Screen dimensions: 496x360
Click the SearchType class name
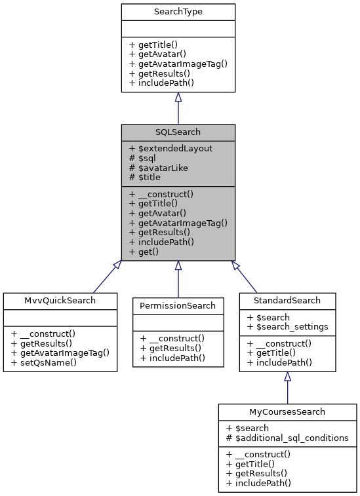pyautogui.click(x=178, y=12)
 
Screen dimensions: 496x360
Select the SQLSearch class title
pyautogui.click(x=178, y=132)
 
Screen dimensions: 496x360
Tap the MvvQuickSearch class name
pyautogui.click(x=60, y=301)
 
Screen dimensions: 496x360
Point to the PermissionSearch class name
pyautogui.click(x=178, y=305)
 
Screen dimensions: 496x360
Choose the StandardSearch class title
pyautogui.click(x=287, y=301)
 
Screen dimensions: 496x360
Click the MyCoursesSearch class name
pyautogui.click(x=287, y=412)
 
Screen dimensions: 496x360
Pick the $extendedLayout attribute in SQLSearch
pyautogui.click(x=171, y=148)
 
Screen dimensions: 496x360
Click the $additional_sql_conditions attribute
pyautogui.click(x=287, y=438)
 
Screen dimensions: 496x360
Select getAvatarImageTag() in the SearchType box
pyautogui.click(x=178, y=64)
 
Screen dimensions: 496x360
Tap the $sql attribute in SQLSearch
pyautogui.click(x=142, y=158)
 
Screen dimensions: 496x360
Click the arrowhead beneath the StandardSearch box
pyautogui.click(x=287, y=377)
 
